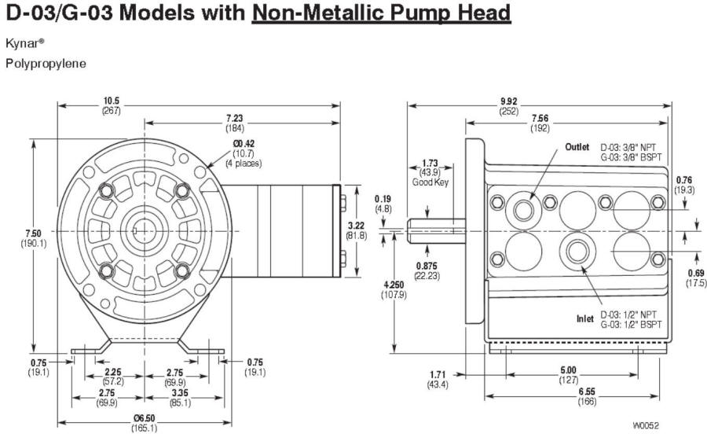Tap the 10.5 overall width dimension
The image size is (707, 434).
click(111, 101)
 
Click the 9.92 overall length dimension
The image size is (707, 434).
click(508, 101)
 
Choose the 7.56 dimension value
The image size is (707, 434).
click(539, 118)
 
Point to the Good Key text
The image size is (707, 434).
click(430, 182)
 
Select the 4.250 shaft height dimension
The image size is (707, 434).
click(394, 285)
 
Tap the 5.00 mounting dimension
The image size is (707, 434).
click(568, 370)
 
